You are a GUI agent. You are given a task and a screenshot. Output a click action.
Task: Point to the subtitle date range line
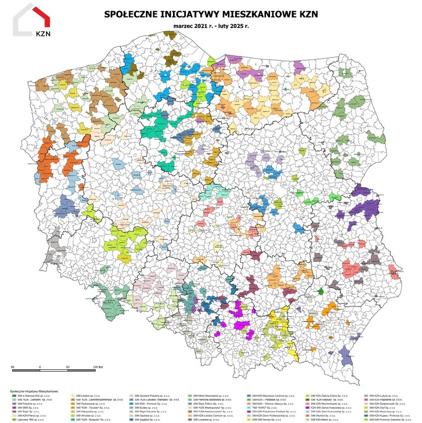(x=211, y=25)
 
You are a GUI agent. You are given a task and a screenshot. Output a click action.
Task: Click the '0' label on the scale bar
(x=40, y=367)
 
